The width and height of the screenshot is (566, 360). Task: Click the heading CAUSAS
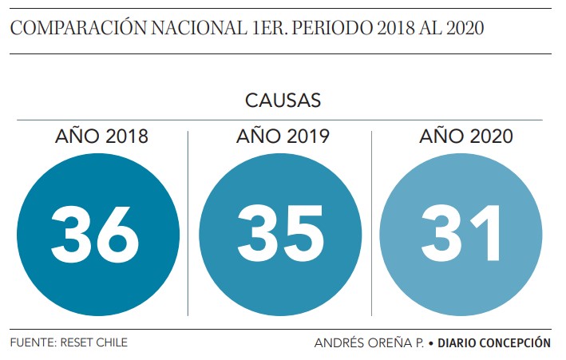point(283,101)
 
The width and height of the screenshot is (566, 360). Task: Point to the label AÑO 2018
point(101,136)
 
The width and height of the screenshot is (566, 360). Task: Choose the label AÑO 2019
point(283,136)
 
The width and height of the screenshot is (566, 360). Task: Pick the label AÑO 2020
point(465,136)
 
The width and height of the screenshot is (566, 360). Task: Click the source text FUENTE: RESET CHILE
point(69,342)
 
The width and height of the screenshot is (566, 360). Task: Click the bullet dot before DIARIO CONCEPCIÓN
point(431,343)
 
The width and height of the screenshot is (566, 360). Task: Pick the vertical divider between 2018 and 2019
point(188,224)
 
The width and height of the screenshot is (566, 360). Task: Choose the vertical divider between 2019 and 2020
point(371,224)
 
